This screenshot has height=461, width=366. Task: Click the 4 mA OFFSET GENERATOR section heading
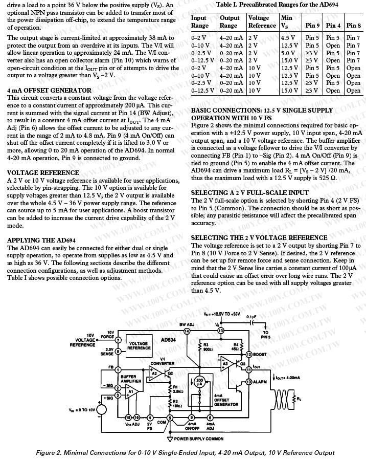(50, 91)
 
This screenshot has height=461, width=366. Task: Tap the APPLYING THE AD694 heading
(41, 240)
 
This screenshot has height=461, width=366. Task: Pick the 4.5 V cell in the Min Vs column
(288, 38)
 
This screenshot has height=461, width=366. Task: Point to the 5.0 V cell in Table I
(288, 53)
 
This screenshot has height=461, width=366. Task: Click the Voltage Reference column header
(261, 21)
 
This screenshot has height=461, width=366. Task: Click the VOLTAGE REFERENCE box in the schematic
(138, 346)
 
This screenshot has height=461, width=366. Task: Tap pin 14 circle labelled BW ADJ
(187, 331)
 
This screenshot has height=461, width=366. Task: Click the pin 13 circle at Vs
(221, 331)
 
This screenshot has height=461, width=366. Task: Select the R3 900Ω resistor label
(208, 347)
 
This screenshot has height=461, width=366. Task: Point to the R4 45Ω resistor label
(236, 347)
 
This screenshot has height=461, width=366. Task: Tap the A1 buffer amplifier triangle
(131, 392)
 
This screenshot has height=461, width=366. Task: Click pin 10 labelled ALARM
(249, 382)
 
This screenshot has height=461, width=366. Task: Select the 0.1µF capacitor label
(250, 317)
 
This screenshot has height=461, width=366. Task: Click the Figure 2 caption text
(185, 452)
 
